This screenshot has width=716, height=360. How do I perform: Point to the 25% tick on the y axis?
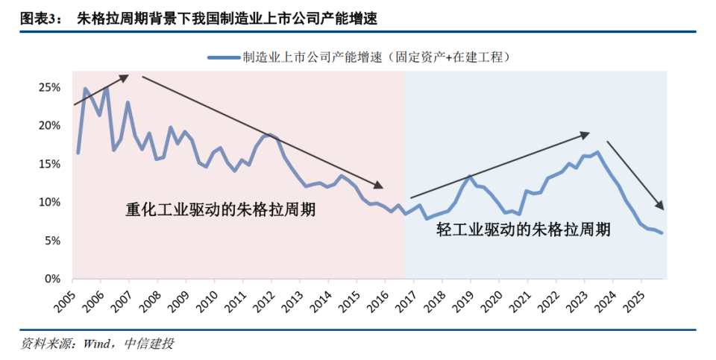49,87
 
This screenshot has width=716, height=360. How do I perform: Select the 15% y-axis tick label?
49,164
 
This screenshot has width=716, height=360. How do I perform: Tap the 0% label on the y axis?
52,279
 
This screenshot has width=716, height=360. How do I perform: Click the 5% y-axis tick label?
52,241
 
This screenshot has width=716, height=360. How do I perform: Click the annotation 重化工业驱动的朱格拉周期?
220,209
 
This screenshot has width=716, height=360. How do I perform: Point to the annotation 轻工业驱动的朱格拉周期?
524,230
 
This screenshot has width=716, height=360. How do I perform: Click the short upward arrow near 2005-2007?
101,89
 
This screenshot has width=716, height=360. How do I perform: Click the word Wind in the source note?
97,344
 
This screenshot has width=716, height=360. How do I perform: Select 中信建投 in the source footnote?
147,344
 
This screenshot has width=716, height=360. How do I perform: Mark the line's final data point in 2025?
662,233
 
